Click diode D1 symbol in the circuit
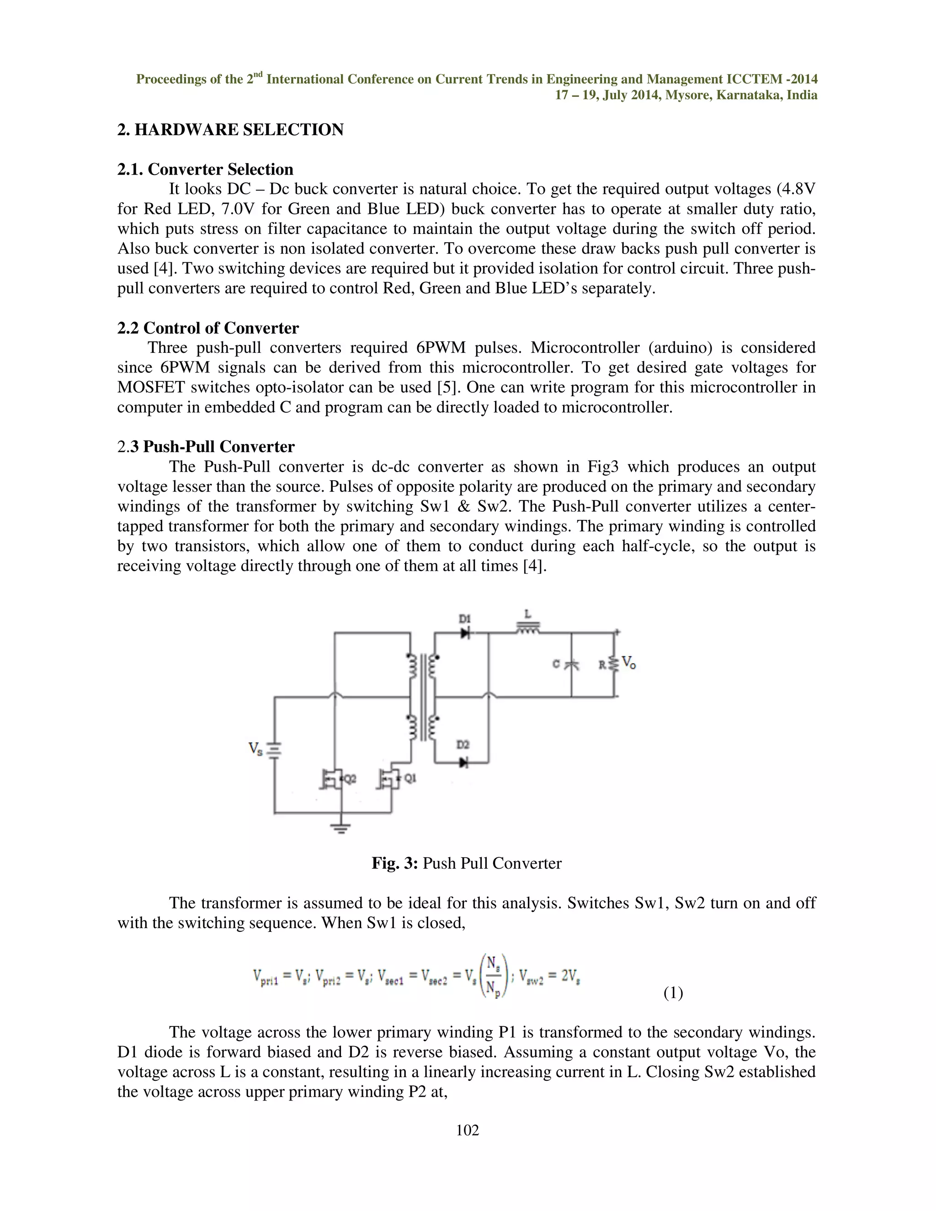click(465, 632)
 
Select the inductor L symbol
click(527, 628)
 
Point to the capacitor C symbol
click(571, 664)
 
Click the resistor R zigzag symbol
click(614, 663)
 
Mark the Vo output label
click(629, 663)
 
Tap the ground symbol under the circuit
click(340, 829)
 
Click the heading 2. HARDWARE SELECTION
click(230, 130)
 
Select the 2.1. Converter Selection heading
click(205, 169)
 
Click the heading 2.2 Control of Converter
click(208, 328)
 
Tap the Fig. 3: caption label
click(394, 863)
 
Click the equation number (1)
click(673, 993)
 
